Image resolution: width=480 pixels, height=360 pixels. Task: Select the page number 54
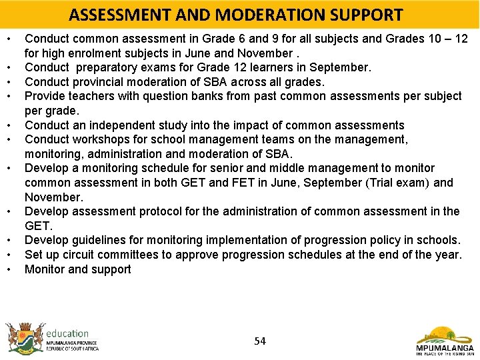[260, 341]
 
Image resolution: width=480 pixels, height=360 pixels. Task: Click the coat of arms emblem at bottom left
[23, 337]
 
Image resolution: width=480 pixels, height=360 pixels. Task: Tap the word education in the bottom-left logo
[67, 333]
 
